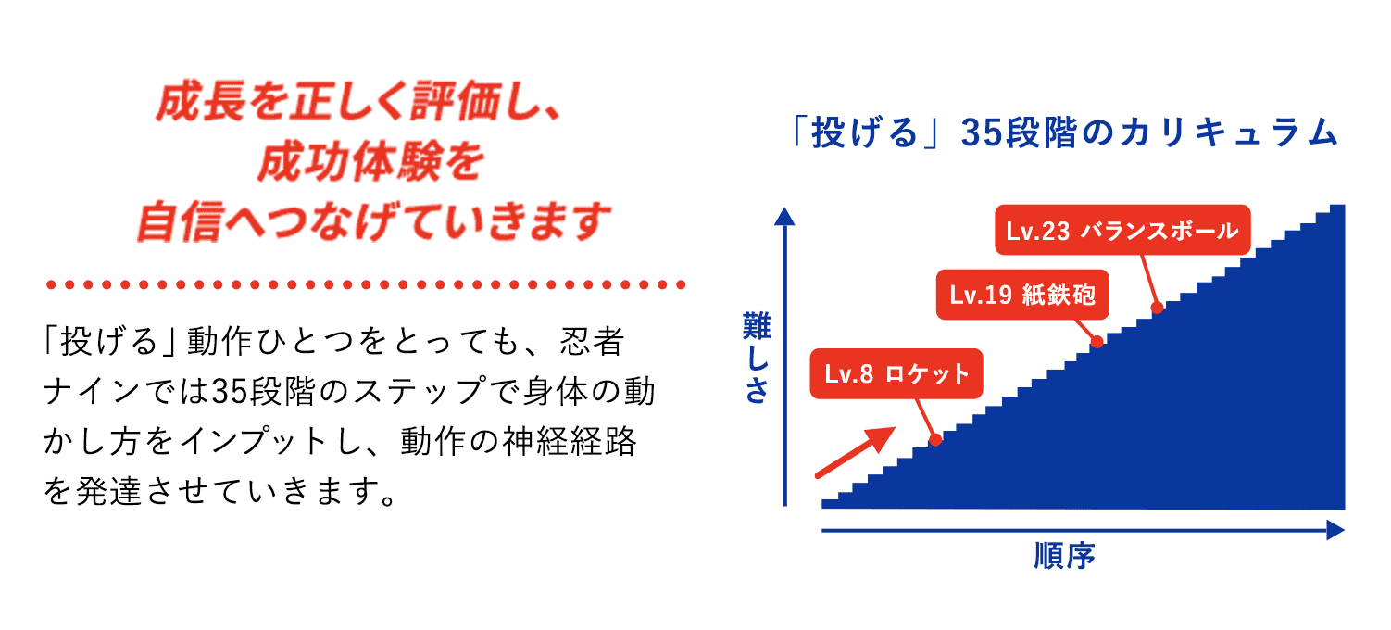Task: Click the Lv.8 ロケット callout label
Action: (x=896, y=374)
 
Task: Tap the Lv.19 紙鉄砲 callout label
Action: (x=1022, y=296)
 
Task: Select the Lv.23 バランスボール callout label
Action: (x=1122, y=231)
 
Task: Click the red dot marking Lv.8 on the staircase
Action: (x=934, y=439)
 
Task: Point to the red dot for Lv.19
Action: (x=1097, y=341)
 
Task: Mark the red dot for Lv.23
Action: (x=1156, y=308)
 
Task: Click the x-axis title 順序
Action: (x=1064, y=557)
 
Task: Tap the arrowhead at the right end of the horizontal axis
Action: (x=1335, y=530)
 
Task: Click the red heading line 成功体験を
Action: (x=370, y=164)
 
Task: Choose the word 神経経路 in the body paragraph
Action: (x=573, y=442)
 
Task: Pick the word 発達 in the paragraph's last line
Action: (x=114, y=489)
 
